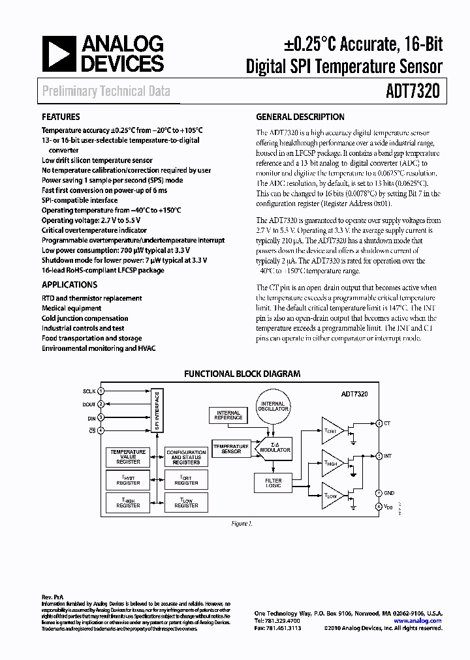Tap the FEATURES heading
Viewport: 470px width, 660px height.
click(x=61, y=117)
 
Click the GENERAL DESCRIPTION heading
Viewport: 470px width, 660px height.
click(x=300, y=117)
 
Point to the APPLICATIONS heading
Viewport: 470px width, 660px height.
click(x=69, y=284)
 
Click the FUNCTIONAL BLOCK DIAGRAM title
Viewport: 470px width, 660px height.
click(x=242, y=374)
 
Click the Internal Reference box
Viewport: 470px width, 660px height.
click(x=228, y=415)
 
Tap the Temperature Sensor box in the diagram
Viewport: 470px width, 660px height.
click(x=231, y=449)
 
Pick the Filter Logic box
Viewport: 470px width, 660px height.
click(x=273, y=483)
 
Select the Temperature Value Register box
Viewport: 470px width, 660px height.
click(x=128, y=457)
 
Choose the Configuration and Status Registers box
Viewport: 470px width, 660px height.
click(x=186, y=457)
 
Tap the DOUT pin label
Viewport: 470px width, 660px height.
click(x=89, y=404)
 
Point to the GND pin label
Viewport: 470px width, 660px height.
click(x=390, y=492)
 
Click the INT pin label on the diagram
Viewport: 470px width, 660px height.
click(x=388, y=456)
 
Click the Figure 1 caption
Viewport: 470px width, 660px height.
click(x=242, y=524)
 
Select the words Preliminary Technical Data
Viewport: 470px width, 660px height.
click(x=106, y=91)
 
